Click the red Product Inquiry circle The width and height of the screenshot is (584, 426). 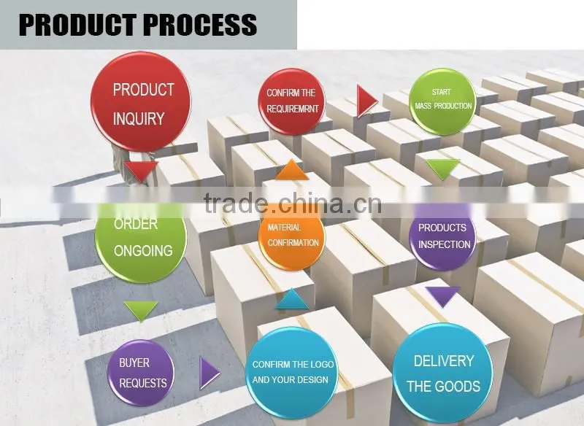point(141,101)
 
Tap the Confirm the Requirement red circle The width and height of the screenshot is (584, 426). point(291,101)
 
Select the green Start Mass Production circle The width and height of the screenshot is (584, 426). point(442,101)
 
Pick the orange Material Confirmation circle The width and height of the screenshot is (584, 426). point(291,237)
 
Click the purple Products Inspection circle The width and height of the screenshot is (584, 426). point(442,237)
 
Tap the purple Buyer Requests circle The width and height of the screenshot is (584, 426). point(141,373)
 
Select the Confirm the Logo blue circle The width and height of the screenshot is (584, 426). point(291,373)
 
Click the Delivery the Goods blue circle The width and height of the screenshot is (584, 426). point(442,373)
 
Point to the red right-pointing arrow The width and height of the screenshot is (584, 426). point(367,101)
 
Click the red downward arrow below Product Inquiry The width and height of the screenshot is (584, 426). point(141,171)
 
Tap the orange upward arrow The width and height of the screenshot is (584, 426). point(292,170)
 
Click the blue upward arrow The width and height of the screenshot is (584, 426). point(292,299)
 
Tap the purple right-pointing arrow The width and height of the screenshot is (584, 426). point(210,373)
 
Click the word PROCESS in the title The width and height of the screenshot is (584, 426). point(200,25)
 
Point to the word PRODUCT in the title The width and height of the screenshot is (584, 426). point(77,25)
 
